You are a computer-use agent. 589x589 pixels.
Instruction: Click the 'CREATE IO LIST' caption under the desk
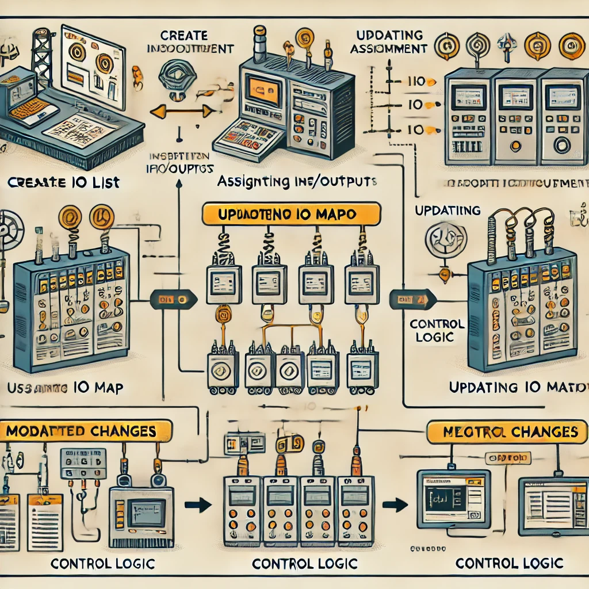coord(64,182)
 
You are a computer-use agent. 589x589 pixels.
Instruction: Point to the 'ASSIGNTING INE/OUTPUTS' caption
coord(297,182)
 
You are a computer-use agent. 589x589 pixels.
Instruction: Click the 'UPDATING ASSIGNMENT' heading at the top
coord(389,42)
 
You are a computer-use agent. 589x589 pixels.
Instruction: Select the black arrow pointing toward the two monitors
coord(395,505)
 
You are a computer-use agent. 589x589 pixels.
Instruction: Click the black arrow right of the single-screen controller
coord(197,505)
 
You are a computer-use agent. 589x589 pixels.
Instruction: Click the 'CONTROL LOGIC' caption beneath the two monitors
coord(508,563)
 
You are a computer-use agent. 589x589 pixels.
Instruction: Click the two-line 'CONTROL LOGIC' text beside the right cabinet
coord(437,330)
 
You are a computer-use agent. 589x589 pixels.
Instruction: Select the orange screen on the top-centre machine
coord(264,89)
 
